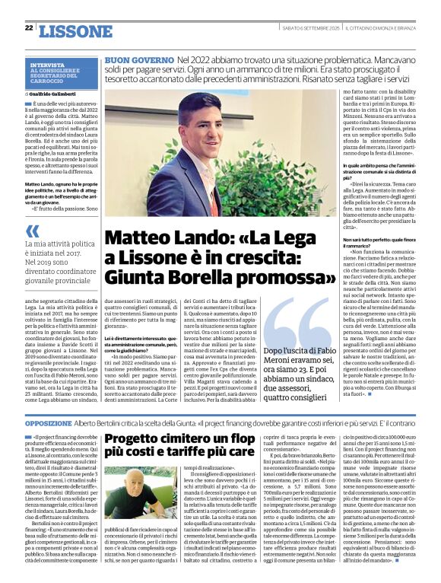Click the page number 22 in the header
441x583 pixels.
[29, 27]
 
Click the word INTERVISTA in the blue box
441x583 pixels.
[47, 65]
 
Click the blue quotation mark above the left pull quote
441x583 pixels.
[33, 230]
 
